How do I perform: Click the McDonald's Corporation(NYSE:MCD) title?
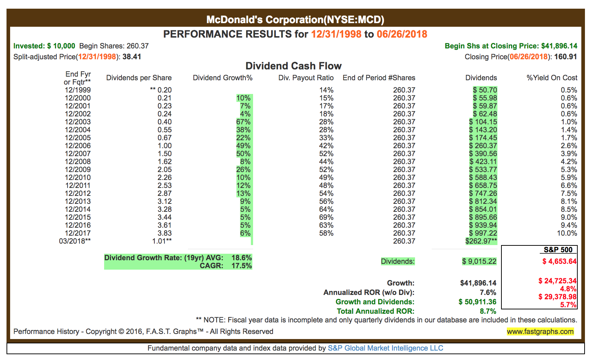point(295,20)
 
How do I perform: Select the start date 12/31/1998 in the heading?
point(336,34)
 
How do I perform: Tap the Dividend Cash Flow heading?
point(294,66)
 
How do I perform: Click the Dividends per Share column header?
point(139,78)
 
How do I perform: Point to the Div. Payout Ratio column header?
point(306,78)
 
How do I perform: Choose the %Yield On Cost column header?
point(552,78)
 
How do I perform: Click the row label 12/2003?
point(78,122)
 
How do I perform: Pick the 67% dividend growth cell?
point(243,122)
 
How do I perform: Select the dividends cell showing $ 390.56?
point(483,154)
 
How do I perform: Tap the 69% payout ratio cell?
point(326,217)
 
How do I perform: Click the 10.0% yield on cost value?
point(567,233)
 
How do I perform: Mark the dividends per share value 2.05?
point(164,170)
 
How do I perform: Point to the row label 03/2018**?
point(75,241)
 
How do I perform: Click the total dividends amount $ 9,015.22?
point(479,261)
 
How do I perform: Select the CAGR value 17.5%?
point(242,266)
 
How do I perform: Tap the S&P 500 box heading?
point(558,250)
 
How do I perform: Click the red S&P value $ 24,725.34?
point(557,281)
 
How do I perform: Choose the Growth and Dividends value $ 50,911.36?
point(477,302)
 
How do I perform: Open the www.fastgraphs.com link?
point(540,331)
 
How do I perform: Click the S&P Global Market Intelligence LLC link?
point(385,348)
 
